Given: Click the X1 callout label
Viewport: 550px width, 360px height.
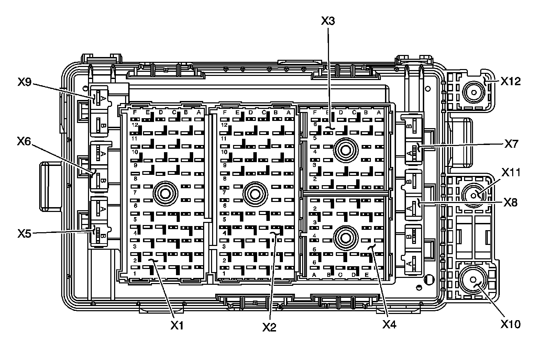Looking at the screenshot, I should point(177,325).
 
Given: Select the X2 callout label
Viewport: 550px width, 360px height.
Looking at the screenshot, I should point(269,327).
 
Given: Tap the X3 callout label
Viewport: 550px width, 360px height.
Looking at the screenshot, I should point(328,21).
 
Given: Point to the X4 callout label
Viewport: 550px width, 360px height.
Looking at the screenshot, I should point(389,324).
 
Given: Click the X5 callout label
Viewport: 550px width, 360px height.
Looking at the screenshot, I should point(24,234).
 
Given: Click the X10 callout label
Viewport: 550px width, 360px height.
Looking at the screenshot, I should point(510,324).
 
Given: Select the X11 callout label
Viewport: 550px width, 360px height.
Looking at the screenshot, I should point(510,172).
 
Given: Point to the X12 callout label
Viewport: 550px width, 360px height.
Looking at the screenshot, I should point(510,81).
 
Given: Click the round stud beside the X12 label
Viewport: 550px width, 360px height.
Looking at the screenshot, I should point(474,92).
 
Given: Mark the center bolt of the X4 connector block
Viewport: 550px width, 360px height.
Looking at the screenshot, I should point(345,237).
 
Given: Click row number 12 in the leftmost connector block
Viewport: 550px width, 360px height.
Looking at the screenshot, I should point(135,125).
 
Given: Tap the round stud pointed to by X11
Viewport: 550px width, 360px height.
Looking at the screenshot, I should point(473,195).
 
